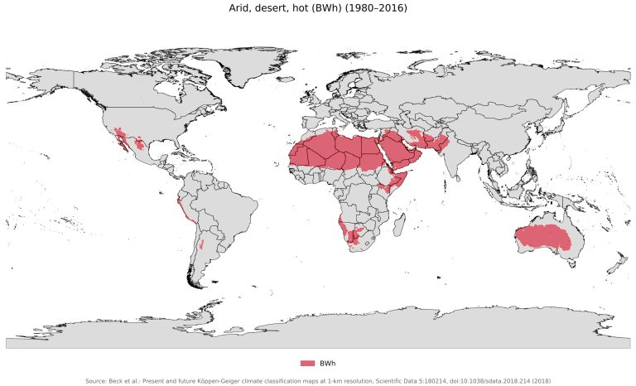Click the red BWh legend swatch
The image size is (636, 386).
307,364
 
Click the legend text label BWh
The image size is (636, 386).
327,364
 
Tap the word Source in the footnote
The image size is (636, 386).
97,380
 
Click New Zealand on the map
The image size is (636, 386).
614,265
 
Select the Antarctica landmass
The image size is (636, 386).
331,335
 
